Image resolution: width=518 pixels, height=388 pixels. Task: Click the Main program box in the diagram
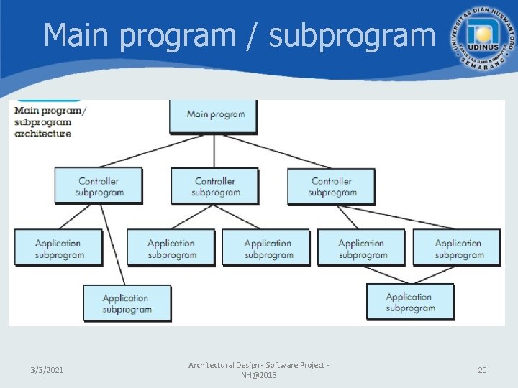214,115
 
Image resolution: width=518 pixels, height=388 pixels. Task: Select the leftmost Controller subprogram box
99,187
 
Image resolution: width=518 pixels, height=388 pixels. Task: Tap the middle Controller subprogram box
214,187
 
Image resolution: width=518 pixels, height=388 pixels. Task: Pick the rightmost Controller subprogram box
331,187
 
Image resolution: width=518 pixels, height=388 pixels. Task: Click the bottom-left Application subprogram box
127,303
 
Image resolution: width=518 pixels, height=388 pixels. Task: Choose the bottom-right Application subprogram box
410,302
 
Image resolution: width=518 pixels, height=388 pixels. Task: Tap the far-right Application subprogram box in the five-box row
457,249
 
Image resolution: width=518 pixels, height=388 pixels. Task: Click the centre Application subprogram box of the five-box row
266,249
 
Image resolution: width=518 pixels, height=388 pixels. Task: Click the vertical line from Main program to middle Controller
214,151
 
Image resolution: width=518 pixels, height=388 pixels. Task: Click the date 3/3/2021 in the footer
47,370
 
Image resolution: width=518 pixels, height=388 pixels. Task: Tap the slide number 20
482,370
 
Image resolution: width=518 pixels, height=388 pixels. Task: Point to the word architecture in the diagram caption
43,134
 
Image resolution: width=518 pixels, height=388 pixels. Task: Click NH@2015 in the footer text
258,376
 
